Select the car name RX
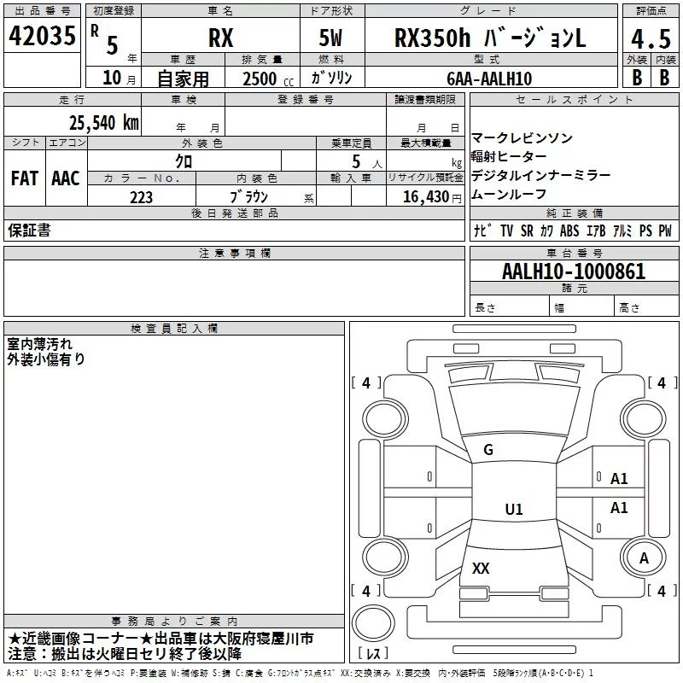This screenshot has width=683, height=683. tap(221, 39)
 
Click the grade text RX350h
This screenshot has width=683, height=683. tap(433, 38)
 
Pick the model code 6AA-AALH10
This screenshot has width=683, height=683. tap(489, 78)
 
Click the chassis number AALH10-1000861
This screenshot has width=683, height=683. tap(574, 272)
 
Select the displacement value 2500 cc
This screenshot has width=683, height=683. tap(258, 78)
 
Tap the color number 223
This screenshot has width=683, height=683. tap(141, 197)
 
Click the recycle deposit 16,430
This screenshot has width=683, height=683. tap(427, 197)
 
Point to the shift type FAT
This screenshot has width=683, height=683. tap(25, 178)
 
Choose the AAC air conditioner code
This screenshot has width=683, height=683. tap(66, 178)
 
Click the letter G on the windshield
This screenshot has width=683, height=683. tap(488, 450)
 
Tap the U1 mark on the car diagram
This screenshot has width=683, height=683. tap(513, 510)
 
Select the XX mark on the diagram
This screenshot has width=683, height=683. tap(481, 568)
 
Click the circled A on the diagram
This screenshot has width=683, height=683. tap(644, 557)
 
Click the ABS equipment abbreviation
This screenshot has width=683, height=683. tap(569, 231)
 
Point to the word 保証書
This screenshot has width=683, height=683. tap(29, 230)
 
